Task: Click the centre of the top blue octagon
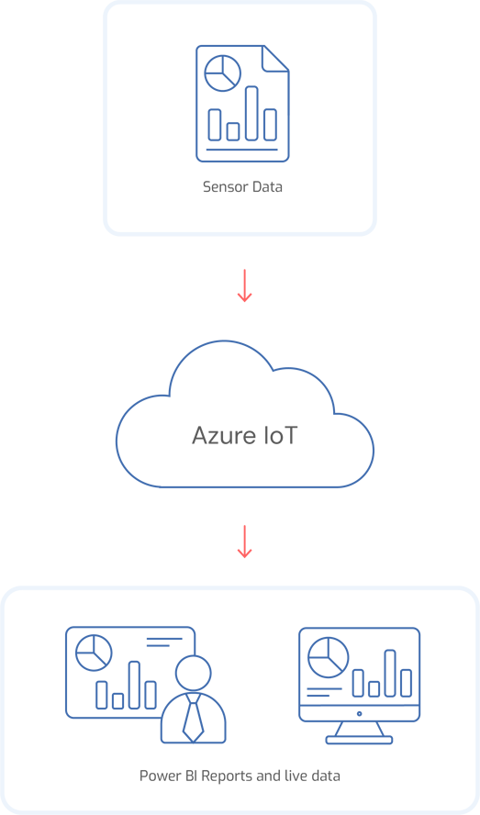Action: click(x=240, y=101)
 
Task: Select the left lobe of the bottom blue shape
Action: click(x=128, y=684)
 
